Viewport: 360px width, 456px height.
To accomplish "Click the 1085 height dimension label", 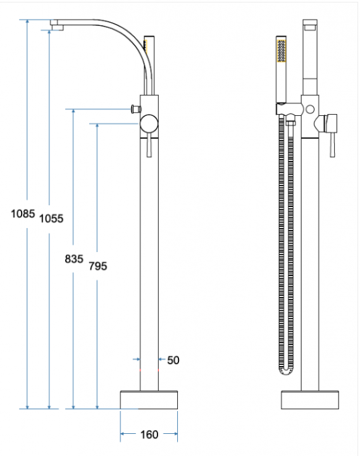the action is [x=23, y=214].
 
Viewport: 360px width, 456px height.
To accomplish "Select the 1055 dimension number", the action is [x=51, y=218].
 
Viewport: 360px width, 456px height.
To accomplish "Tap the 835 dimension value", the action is [x=74, y=258].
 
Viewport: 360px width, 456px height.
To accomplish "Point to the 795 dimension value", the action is [x=98, y=266].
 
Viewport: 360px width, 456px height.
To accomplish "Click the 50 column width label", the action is [x=173, y=360].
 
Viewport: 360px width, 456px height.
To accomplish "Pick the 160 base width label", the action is [x=149, y=434].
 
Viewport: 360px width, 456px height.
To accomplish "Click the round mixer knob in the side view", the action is [x=149, y=123].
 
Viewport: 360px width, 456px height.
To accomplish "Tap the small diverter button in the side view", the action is [x=136, y=109].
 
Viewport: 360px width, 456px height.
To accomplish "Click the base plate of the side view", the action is [x=149, y=400].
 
